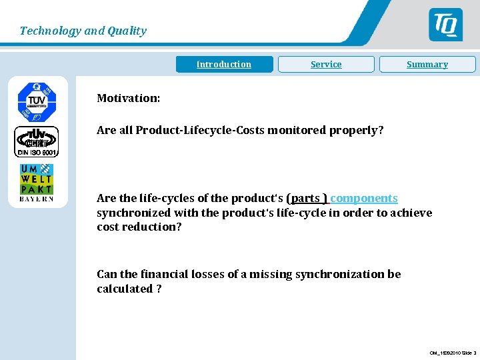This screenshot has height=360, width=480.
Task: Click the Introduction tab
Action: [x=224, y=65]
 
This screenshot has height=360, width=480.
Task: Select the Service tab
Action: [x=326, y=65]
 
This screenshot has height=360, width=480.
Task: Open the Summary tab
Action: [x=427, y=65]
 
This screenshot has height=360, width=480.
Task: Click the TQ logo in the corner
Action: [x=445, y=25]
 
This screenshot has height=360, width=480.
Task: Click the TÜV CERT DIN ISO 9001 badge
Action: [x=37, y=141]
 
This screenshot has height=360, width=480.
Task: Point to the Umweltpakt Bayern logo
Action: [x=37, y=183]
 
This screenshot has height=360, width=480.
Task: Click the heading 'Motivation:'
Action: [x=128, y=98]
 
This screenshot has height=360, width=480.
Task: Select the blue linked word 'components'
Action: [x=364, y=198]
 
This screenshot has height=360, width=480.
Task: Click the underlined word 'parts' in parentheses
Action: [x=305, y=198]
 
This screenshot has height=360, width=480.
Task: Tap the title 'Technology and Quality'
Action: [x=83, y=31]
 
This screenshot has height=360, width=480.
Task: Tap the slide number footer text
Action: [x=453, y=353]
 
